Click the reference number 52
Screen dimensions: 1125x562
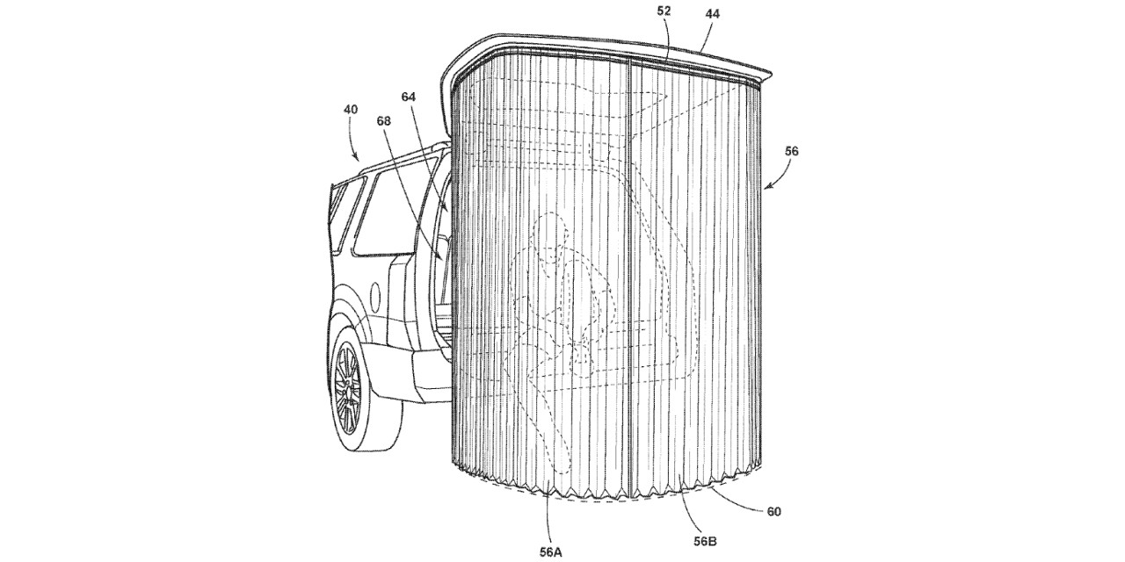pyautogui.click(x=664, y=11)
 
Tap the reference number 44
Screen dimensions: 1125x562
pyautogui.click(x=712, y=14)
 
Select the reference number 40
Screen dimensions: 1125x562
pyautogui.click(x=351, y=109)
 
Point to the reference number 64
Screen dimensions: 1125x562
pyautogui.click(x=409, y=97)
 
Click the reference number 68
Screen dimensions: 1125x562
pyautogui.click(x=384, y=121)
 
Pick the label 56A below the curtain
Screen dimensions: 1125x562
pyautogui.click(x=550, y=552)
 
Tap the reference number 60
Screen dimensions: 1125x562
pyautogui.click(x=774, y=512)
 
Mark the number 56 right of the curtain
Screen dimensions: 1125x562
pyautogui.click(x=791, y=151)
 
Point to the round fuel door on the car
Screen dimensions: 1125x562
pyautogui.click(x=374, y=294)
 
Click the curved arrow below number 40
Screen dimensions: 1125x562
pyautogui.click(x=353, y=140)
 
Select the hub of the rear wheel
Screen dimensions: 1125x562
pyautogui.click(x=349, y=389)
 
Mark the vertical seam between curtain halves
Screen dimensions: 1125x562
pyautogui.click(x=629, y=281)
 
